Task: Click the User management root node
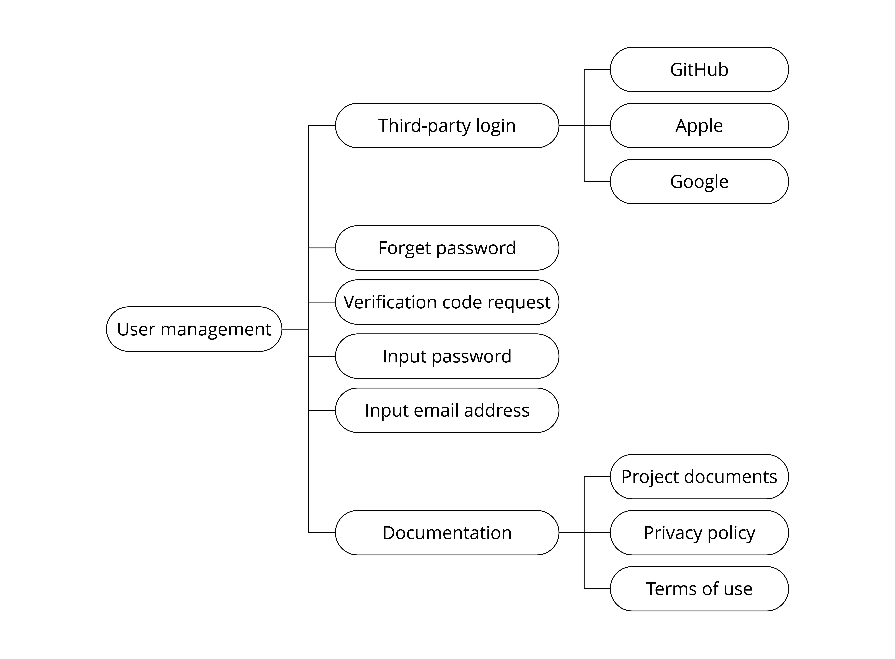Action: coord(194,329)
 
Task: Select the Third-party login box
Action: coord(447,126)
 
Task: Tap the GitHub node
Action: coord(699,69)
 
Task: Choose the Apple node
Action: coord(699,126)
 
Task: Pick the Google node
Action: coord(699,181)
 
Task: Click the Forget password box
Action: coord(447,248)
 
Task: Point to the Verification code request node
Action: coord(447,302)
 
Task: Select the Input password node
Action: coord(447,356)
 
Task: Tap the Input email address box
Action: coord(447,410)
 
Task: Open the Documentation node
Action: coord(447,533)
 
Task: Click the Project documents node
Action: coord(699,477)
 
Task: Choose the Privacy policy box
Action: coord(699,533)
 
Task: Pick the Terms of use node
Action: coord(699,589)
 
